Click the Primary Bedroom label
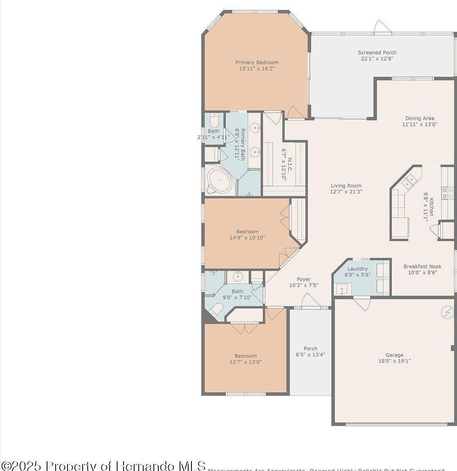tap(257, 63)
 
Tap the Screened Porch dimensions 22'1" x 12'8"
tap(377, 58)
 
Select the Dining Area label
tap(420, 119)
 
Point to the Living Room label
tap(346, 186)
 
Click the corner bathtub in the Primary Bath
tap(220, 180)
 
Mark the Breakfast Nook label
tap(423, 267)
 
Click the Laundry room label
tap(358, 269)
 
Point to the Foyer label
tap(304, 279)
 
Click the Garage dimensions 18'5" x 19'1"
tap(394, 361)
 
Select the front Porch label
tap(311, 349)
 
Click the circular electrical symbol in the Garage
tap(448, 312)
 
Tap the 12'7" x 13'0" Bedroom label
tap(245, 356)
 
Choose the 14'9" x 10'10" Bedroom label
tap(247, 231)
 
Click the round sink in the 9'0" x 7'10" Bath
tap(238, 277)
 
